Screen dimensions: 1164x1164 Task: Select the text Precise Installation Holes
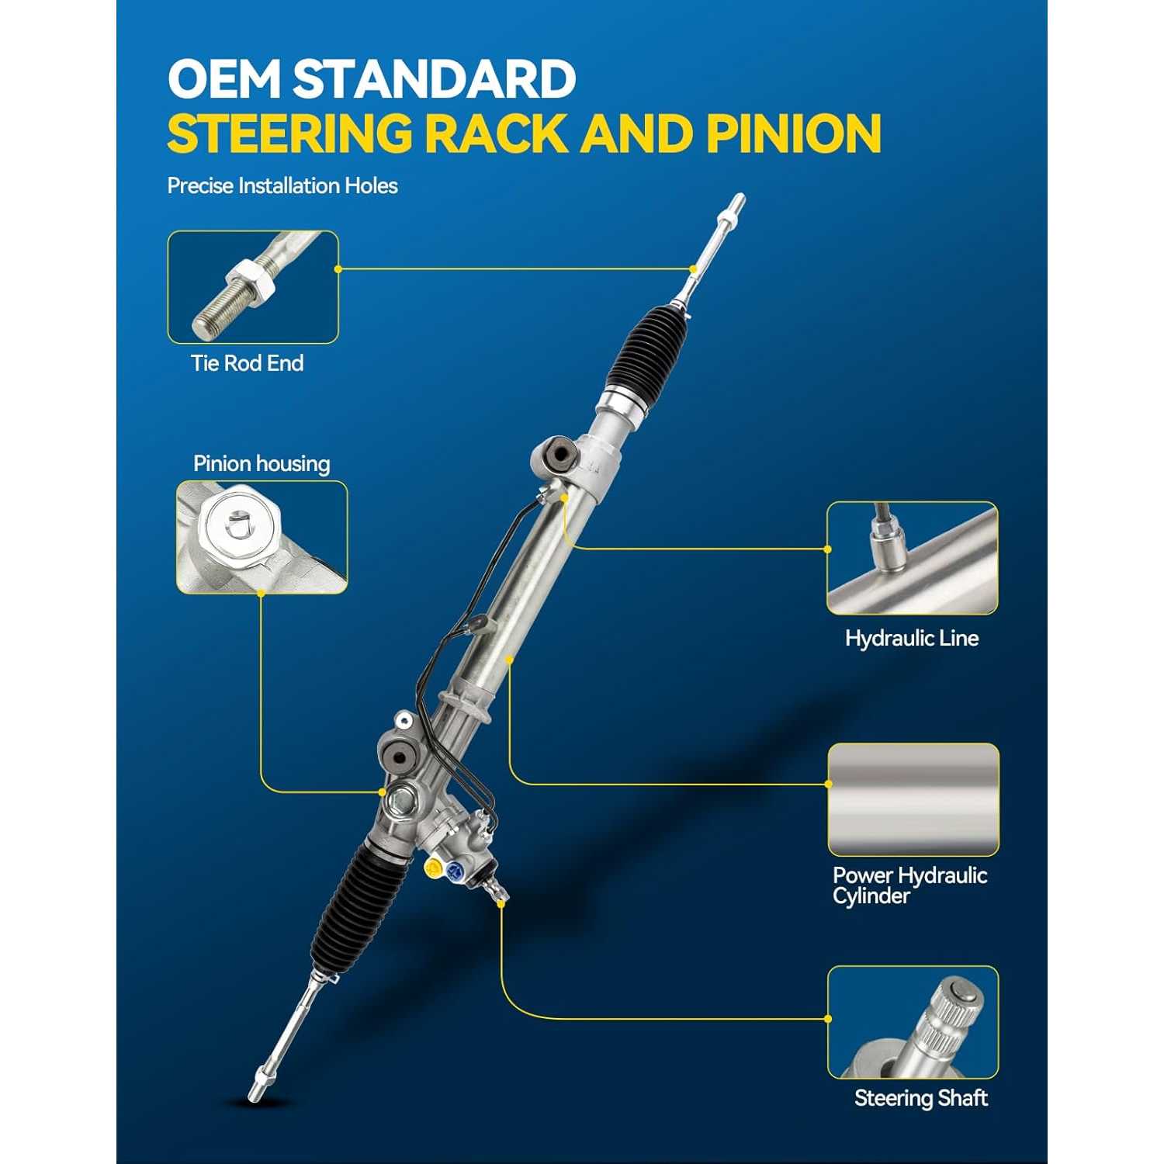(282, 185)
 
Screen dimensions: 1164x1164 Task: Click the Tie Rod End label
(247, 363)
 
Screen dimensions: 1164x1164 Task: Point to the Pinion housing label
(262, 463)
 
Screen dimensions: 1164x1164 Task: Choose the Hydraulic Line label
(912, 639)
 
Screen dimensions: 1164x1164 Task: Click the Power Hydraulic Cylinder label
(909, 885)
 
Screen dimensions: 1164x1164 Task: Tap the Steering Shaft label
(921, 1098)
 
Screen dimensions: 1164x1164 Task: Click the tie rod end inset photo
(253, 287)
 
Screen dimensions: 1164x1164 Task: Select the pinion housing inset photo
(262, 537)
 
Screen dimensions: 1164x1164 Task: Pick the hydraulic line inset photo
(912, 558)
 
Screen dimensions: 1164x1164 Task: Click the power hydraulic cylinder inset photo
(913, 799)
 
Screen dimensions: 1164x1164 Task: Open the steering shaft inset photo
(913, 1022)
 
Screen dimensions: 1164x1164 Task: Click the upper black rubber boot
(649, 347)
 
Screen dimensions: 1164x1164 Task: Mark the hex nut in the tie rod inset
(251, 282)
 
